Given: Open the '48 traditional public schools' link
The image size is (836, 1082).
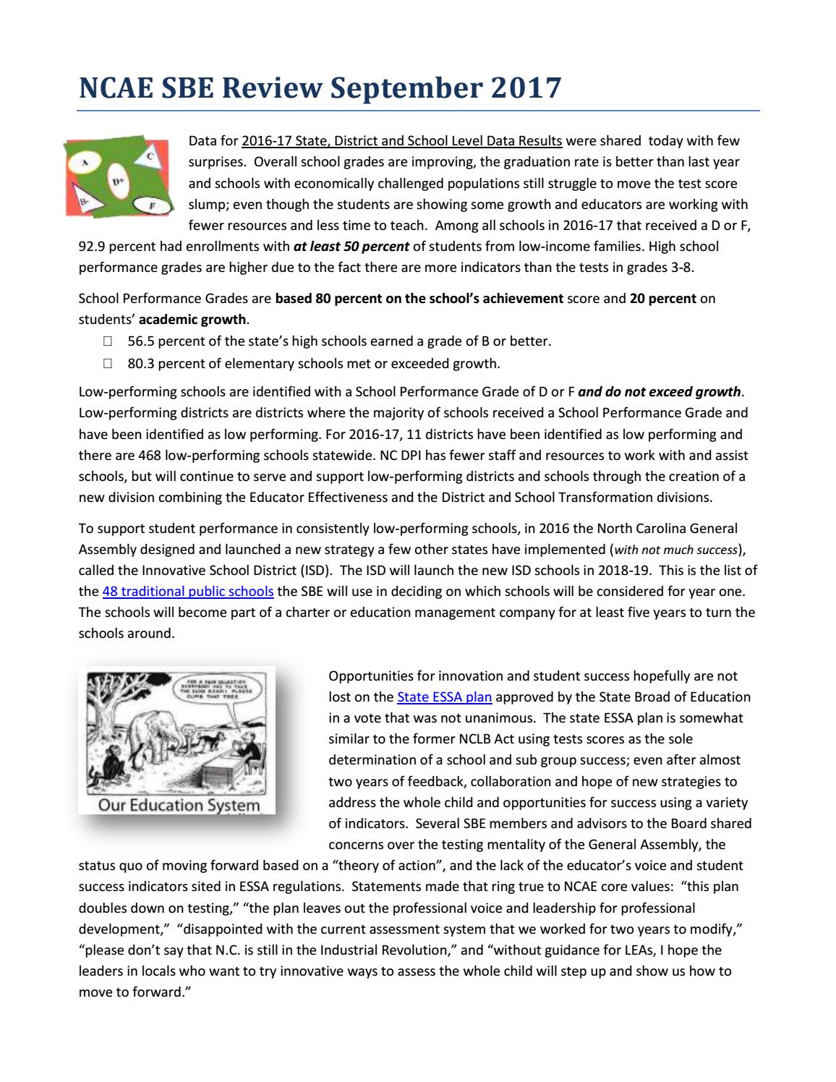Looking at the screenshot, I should [x=188, y=591].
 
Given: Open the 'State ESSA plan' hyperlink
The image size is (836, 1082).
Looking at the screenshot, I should [x=444, y=697].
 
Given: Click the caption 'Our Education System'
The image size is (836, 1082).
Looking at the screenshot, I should [x=178, y=805].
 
